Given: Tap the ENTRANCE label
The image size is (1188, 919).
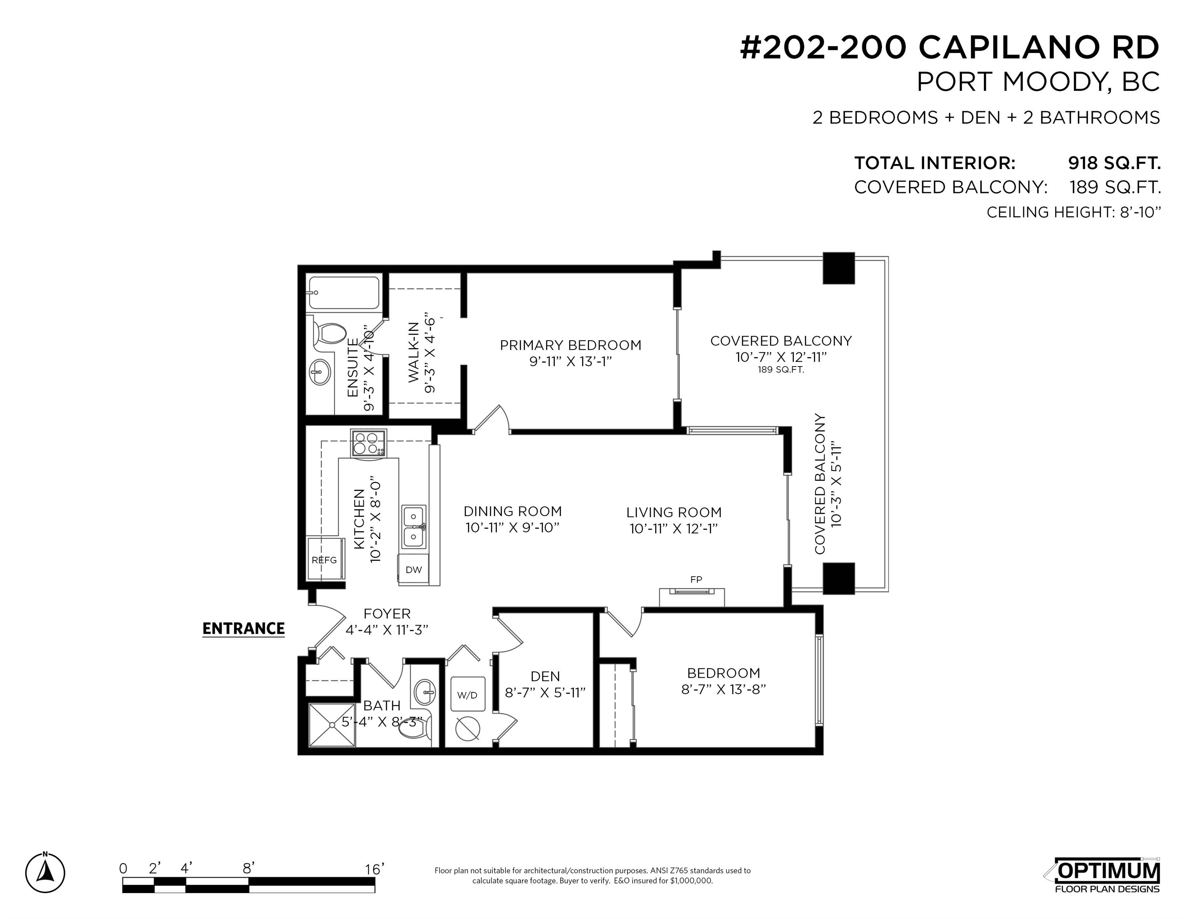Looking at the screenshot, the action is [x=243, y=629].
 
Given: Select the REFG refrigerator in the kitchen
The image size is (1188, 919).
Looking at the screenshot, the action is [x=325, y=559].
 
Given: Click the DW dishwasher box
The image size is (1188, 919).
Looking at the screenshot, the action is [x=413, y=570].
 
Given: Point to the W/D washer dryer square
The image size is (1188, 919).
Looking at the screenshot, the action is [x=467, y=695].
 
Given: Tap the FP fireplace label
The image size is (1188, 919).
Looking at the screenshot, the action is [x=696, y=579].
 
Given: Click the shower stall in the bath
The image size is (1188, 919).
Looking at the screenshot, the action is [x=332, y=725].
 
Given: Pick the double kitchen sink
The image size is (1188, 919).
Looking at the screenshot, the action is [x=414, y=527].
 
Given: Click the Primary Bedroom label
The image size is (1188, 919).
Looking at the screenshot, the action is [x=571, y=345].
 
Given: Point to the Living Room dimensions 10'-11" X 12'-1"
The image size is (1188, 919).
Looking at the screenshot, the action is [x=674, y=529].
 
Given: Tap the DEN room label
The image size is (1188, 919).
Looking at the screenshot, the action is [x=545, y=676].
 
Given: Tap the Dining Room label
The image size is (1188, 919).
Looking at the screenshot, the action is [x=513, y=511].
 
